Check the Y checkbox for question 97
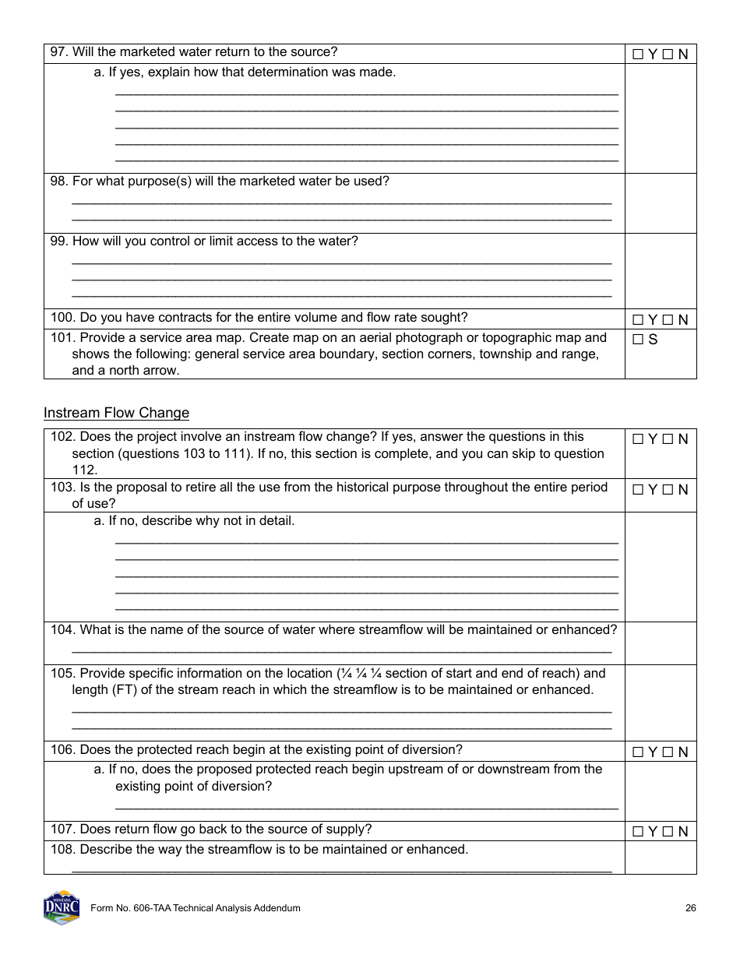click(x=638, y=55)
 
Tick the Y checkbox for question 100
click(x=638, y=320)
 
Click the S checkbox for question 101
click(x=638, y=340)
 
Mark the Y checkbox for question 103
click(x=638, y=490)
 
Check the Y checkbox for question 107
click(x=638, y=832)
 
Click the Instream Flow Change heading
click(x=116, y=412)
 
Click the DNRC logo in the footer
click(x=62, y=907)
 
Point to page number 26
click(x=690, y=908)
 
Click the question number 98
click(x=59, y=181)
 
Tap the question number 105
click(x=63, y=673)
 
